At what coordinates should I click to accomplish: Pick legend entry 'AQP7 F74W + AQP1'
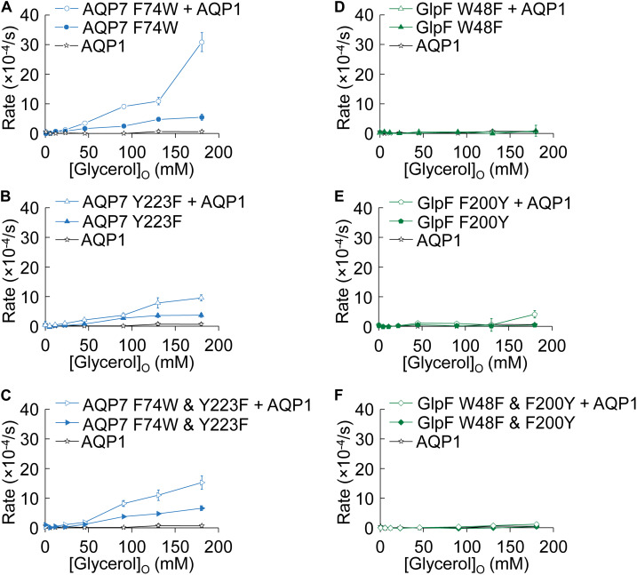pyautogui.click(x=144, y=12)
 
